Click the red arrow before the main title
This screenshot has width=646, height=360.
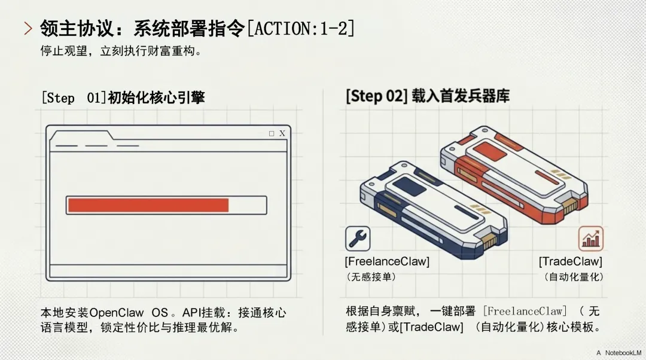click(x=28, y=28)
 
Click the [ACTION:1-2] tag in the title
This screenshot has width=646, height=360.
click(x=300, y=28)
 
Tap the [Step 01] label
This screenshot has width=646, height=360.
click(x=73, y=97)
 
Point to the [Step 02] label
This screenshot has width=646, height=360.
click(x=376, y=96)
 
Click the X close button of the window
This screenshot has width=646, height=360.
click(x=282, y=133)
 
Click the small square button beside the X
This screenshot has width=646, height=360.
click(x=272, y=133)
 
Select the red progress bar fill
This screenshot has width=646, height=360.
click(x=148, y=205)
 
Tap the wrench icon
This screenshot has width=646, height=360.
click(x=358, y=239)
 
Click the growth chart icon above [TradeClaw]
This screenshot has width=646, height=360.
click(x=590, y=239)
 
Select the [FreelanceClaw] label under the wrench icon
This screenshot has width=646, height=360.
click(x=387, y=262)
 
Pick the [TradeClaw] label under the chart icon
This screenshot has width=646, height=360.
click(x=570, y=262)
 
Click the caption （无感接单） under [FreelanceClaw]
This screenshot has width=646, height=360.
click(x=371, y=277)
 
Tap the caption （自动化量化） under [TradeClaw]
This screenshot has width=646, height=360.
click(x=574, y=277)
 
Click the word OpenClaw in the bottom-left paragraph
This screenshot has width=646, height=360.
click(x=117, y=313)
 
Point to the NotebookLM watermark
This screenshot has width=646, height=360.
click(x=621, y=353)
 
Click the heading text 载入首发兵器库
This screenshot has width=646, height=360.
click(x=461, y=96)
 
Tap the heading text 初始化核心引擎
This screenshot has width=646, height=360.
click(x=156, y=97)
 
